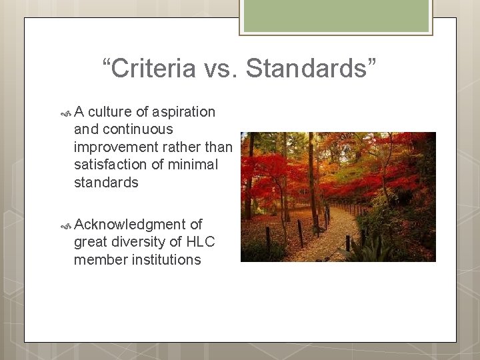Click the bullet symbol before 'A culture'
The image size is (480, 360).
(65, 112)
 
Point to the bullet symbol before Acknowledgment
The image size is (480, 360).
(65, 225)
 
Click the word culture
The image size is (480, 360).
(110, 112)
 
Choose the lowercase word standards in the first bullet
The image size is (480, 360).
(106, 183)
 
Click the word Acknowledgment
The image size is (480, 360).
(129, 225)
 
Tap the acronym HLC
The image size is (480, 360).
(201, 242)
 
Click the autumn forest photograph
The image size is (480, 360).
(338, 197)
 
